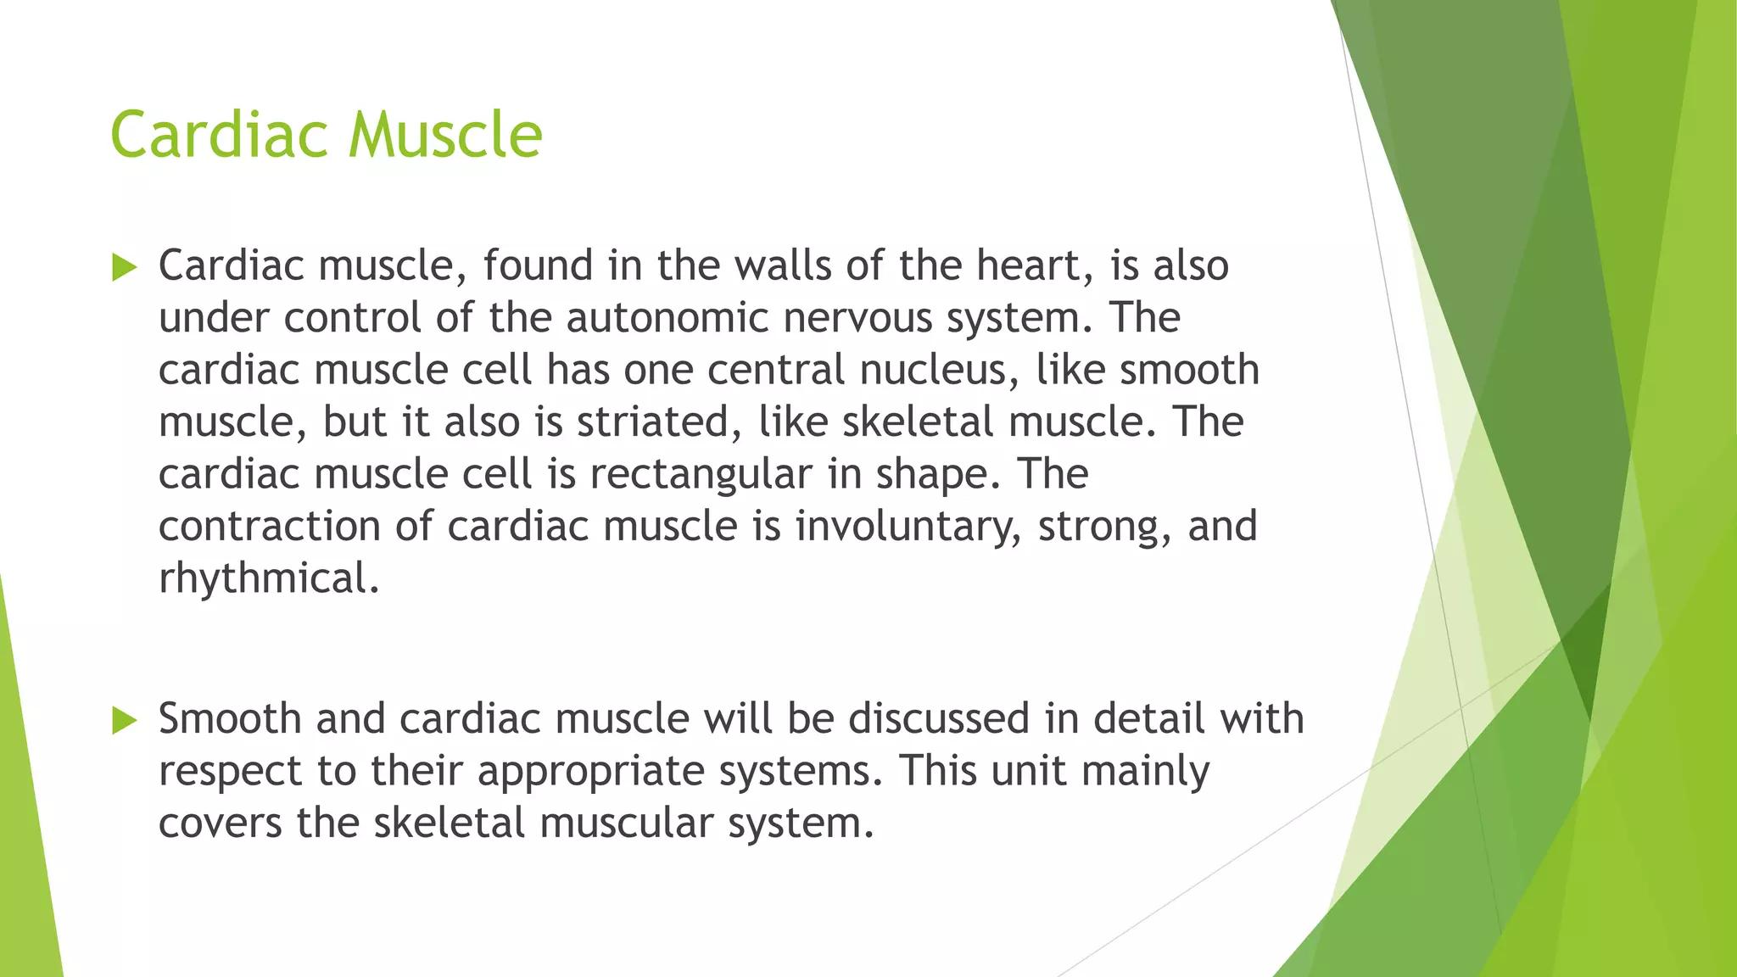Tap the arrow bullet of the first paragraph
click(124, 269)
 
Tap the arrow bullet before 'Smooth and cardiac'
click(124, 722)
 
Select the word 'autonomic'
click(666, 318)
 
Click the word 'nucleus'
click(939, 371)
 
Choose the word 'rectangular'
click(701, 474)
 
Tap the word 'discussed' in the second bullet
click(938, 718)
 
